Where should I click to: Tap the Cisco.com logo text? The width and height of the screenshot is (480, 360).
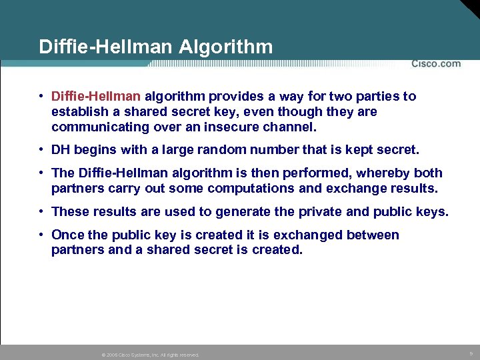tap(436, 64)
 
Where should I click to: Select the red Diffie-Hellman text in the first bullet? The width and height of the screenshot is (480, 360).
tap(96, 97)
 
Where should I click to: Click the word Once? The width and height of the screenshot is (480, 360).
tap(67, 235)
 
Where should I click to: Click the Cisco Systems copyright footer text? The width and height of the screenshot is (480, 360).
tap(151, 355)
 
